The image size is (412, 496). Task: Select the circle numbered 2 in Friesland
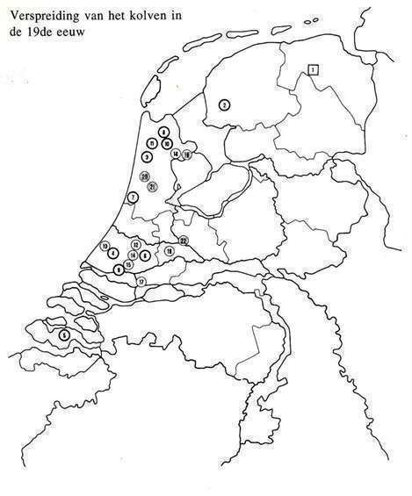[224, 104]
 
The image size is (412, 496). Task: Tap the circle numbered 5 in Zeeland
[63, 334]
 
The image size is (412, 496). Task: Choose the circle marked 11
[153, 143]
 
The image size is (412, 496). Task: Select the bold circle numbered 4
[112, 253]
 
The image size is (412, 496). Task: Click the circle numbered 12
[135, 244]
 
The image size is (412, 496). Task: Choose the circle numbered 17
[141, 281]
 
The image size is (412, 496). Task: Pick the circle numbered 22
[183, 240]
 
